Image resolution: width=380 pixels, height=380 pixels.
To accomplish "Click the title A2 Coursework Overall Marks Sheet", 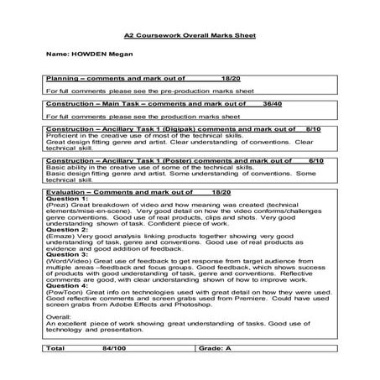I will pos(189,37).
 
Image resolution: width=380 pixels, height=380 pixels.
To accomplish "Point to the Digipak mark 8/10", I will pos(314,130).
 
